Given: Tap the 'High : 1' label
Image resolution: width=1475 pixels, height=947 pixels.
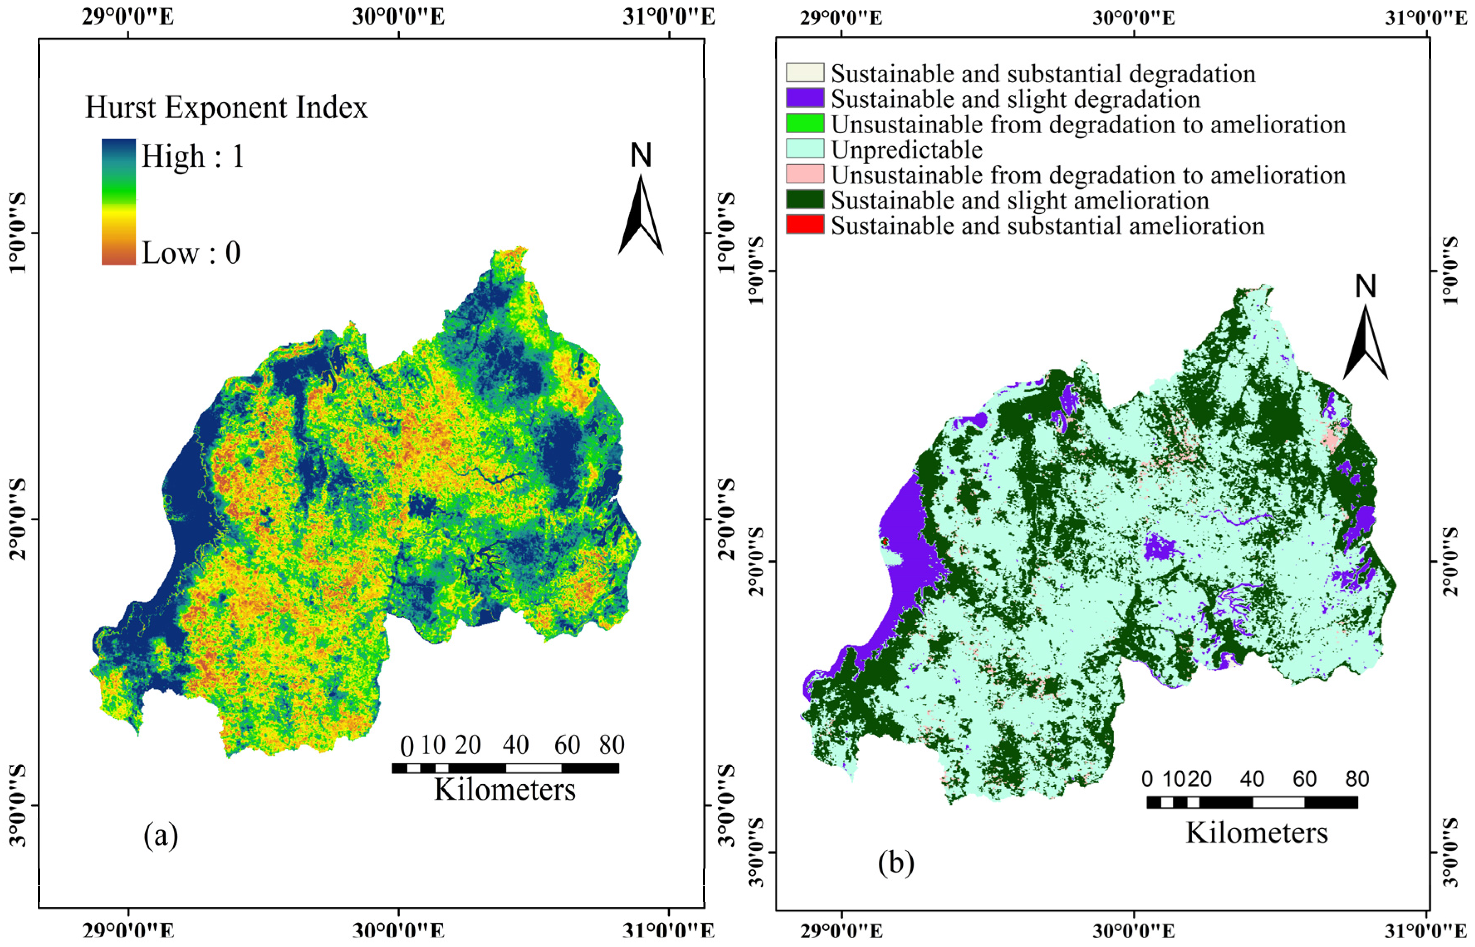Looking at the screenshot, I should [x=193, y=156].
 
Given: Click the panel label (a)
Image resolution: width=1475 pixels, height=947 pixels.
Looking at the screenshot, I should [x=161, y=835].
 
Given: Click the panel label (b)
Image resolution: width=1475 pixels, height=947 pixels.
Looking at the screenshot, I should [x=896, y=863].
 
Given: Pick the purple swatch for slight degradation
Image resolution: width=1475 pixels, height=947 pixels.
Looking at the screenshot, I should [x=804, y=98].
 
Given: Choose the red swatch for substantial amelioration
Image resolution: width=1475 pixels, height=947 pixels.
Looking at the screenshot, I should [x=804, y=225].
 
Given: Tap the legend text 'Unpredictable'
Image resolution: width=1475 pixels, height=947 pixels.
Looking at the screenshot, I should [x=907, y=150].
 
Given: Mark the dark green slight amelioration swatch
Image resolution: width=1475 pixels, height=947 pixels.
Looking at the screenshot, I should [x=804, y=200].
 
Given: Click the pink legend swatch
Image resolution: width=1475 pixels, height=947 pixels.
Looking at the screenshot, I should [x=804, y=174].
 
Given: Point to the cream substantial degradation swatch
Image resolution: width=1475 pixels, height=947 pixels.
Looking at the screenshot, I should [x=804, y=73].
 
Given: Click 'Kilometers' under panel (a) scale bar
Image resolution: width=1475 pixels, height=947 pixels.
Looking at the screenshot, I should [x=505, y=790].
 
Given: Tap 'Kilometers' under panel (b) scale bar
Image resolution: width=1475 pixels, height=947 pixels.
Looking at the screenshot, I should [x=1257, y=833].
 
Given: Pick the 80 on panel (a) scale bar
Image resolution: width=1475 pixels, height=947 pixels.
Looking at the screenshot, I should [x=611, y=745].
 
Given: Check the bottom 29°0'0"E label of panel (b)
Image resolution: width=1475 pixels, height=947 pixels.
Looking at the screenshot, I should [x=841, y=931].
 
